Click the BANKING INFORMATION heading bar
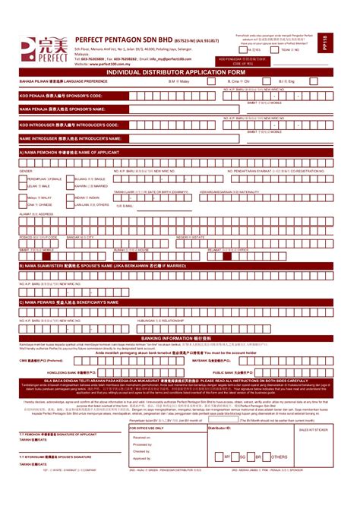[180, 337]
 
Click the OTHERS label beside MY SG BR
[279, 457]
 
